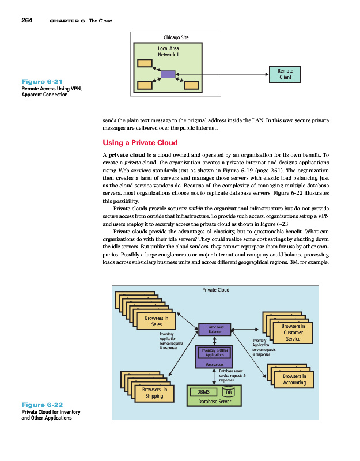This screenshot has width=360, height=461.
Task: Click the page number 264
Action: (x=26, y=21)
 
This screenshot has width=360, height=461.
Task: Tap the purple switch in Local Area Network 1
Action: (x=168, y=74)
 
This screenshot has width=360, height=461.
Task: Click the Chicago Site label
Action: (x=176, y=38)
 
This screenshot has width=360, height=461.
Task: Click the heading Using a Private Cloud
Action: (x=140, y=142)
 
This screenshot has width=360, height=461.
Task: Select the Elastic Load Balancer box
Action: (x=214, y=329)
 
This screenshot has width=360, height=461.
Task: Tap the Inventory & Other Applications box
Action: (x=215, y=353)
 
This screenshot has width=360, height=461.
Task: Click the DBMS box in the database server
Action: (x=203, y=392)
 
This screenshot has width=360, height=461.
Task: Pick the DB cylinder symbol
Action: (x=229, y=392)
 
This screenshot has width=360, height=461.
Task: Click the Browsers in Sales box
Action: (x=157, y=321)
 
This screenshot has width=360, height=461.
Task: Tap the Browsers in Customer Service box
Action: (x=293, y=332)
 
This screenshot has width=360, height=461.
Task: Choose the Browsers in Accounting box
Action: (x=294, y=379)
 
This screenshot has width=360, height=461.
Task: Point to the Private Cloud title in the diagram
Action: (x=216, y=290)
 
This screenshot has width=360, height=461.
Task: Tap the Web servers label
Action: (x=215, y=364)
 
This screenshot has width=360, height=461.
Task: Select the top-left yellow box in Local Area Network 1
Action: (x=145, y=63)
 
